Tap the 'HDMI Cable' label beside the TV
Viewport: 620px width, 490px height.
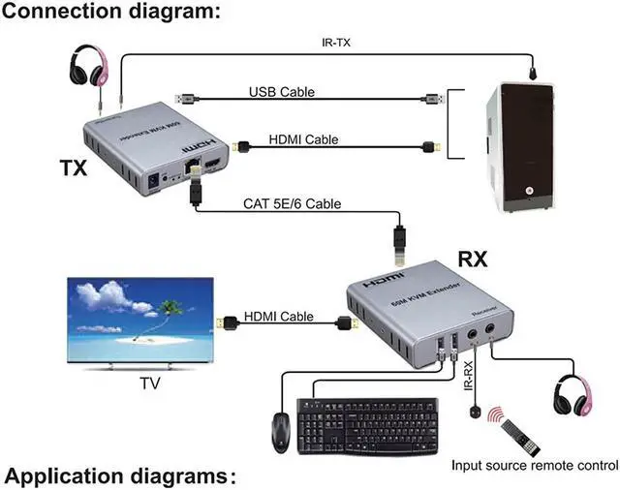(278, 317)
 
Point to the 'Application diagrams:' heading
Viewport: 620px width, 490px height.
(120, 476)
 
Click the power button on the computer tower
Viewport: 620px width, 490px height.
(529, 190)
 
